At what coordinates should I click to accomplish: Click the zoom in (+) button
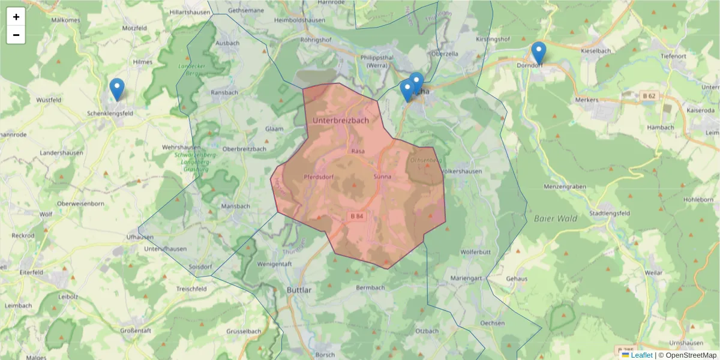click(x=16, y=17)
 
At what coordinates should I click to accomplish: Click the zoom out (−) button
click(x=16, y=35)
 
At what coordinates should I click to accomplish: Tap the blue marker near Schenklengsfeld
click(x=117, y=89)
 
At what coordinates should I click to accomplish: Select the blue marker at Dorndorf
click(x=539, y=53)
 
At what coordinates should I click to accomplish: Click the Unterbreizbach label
click(x=341, y=121)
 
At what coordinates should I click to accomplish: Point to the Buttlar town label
click(x=299, y=290)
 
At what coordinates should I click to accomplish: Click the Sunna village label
click(x=382, y=177)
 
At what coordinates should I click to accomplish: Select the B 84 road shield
click(x=356, y=216)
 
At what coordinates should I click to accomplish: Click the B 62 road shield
click(x=648, y=96)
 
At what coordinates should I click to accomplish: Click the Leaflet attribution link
click(x=641, y=355)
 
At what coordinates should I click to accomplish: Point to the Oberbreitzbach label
click(x=244, y=149)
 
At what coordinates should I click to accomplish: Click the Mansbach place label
click(x=235, y=206)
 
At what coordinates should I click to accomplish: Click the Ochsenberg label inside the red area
click(x=425, y=161)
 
